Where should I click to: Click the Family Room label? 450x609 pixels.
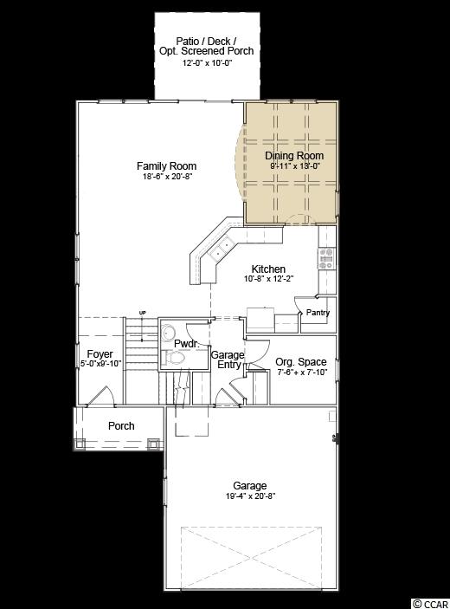point(166,166)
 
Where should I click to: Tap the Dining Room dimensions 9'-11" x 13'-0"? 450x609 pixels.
point(295,165)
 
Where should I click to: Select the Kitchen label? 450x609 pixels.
point(268,269)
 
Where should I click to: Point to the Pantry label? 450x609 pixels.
point(318,313)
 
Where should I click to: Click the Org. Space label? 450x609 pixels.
point(301,362)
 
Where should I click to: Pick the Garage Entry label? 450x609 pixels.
point(228,360)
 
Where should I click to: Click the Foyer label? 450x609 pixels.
point(100,354)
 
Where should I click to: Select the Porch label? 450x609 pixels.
point(121,426)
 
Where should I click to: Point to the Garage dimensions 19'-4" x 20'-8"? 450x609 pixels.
point(251,496)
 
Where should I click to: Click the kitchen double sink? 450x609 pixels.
point(222,249)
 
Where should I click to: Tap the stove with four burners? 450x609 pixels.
point(326,259)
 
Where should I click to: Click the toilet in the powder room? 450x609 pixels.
point(173,358)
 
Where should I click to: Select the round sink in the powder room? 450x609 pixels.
point(169,333)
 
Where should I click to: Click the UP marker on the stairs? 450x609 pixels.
point(143,313)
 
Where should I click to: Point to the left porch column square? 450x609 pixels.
point(80,444)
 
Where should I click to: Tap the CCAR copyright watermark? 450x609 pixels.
point(431,604)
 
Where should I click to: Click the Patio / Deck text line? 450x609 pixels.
point(206,41)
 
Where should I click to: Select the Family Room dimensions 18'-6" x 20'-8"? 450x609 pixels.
point(166,177)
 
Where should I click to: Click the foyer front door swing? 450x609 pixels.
point(100,396)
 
